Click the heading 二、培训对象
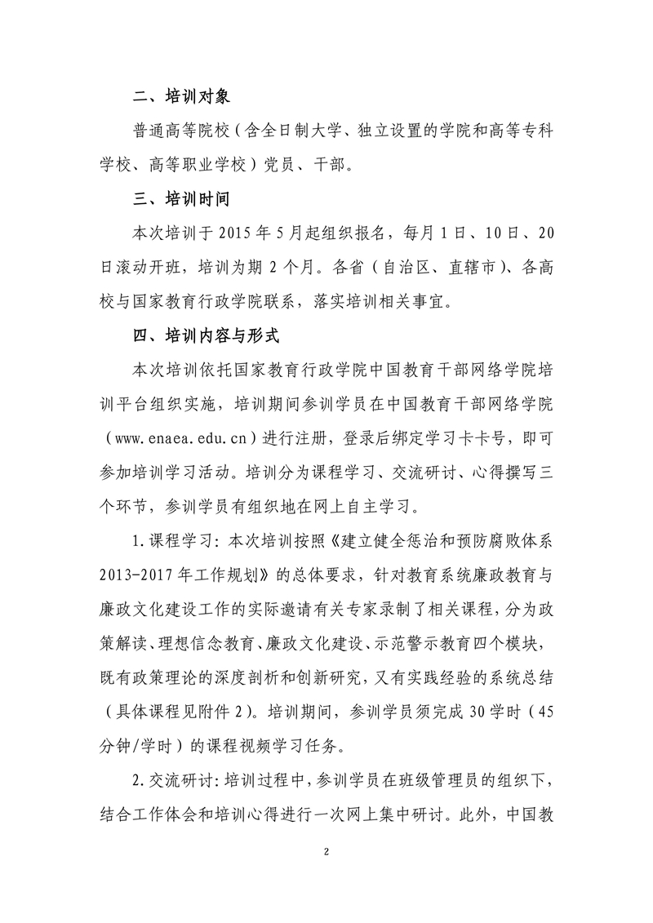(x=182, y=96)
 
